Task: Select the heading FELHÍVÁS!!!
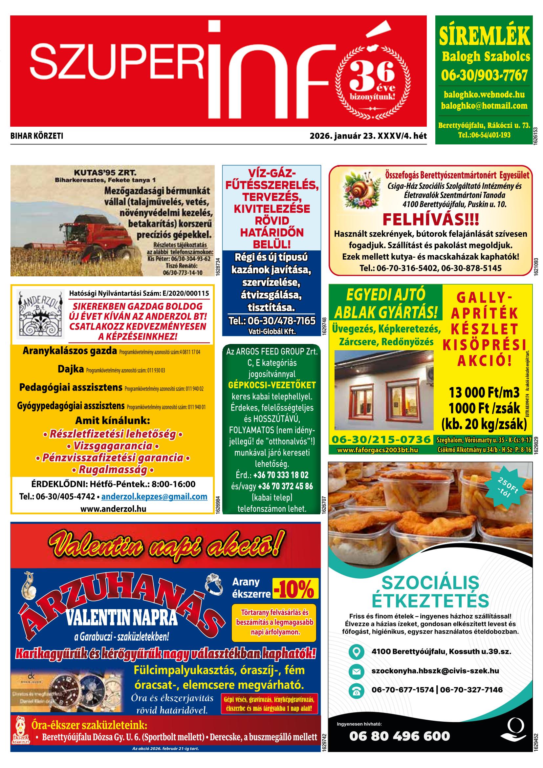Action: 431,220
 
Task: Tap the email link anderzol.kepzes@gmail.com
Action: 154,496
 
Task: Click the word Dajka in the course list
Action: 71,369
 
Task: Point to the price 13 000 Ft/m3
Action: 484,392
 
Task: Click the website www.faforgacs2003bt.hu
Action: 378,450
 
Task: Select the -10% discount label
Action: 295,588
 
